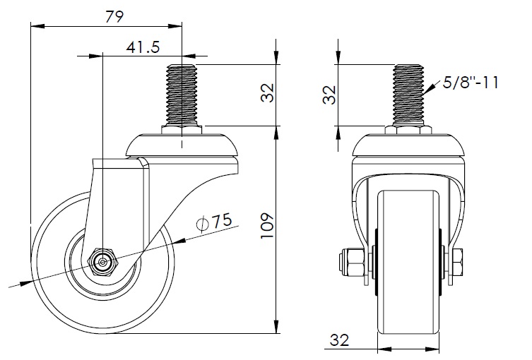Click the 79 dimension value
(x=114, y=17)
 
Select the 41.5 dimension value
(x=143, y=47)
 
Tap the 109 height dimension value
(x=267, y=226)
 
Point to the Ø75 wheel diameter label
(x=214, y=222)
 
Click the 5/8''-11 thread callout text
(x=471, y=83)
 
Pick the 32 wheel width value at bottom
(x=339, y=340)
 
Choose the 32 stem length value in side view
(x=267, y=93)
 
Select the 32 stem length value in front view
(x=329, y=95)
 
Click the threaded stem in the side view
(x=182, y=95)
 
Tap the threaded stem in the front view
(x=408, y=95)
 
